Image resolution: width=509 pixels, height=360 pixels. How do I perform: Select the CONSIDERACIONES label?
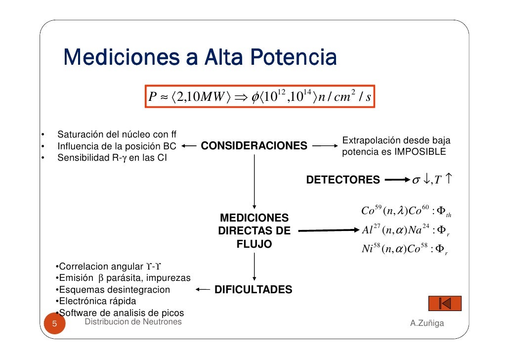pos(254,146)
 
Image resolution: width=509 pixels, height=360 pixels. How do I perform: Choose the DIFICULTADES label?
pos(253,290)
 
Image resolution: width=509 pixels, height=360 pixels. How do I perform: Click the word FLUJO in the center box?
pos(254,244)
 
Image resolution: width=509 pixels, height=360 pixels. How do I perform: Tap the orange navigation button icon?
pos(445,303)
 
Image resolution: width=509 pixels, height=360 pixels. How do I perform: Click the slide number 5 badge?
pos(55,325)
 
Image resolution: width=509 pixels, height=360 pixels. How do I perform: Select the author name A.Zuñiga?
pos(426,323)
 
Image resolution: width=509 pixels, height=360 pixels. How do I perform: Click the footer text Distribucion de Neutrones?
pos(133,322)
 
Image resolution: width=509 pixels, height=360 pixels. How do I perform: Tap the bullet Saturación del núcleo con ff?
pos(118,135)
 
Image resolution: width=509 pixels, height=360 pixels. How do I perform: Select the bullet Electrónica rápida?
pos(96,301)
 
